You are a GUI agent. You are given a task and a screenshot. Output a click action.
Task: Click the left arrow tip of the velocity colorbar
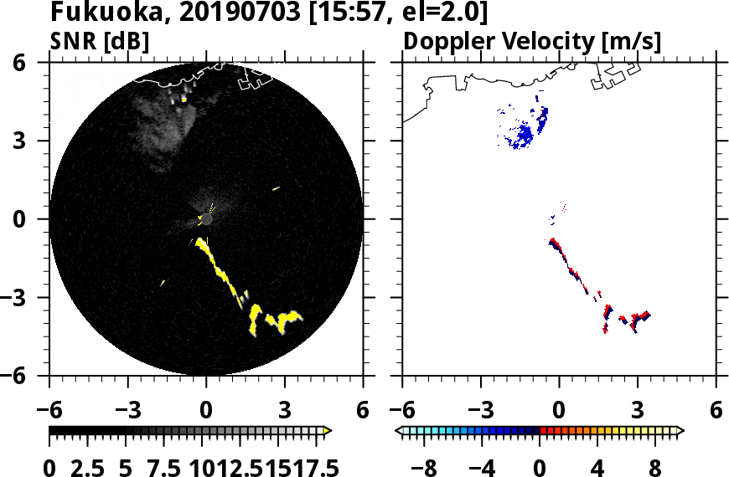coord(400,431)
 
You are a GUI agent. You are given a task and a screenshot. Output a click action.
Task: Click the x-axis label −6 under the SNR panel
coord(50,410)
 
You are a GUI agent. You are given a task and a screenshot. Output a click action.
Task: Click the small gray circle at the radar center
coord(206,218)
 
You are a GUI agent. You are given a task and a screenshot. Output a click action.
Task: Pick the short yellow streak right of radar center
coord(276,188)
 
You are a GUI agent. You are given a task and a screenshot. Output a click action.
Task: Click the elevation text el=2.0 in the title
coord(441,13)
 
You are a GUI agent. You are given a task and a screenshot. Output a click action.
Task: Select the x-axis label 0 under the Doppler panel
coord(559,410)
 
